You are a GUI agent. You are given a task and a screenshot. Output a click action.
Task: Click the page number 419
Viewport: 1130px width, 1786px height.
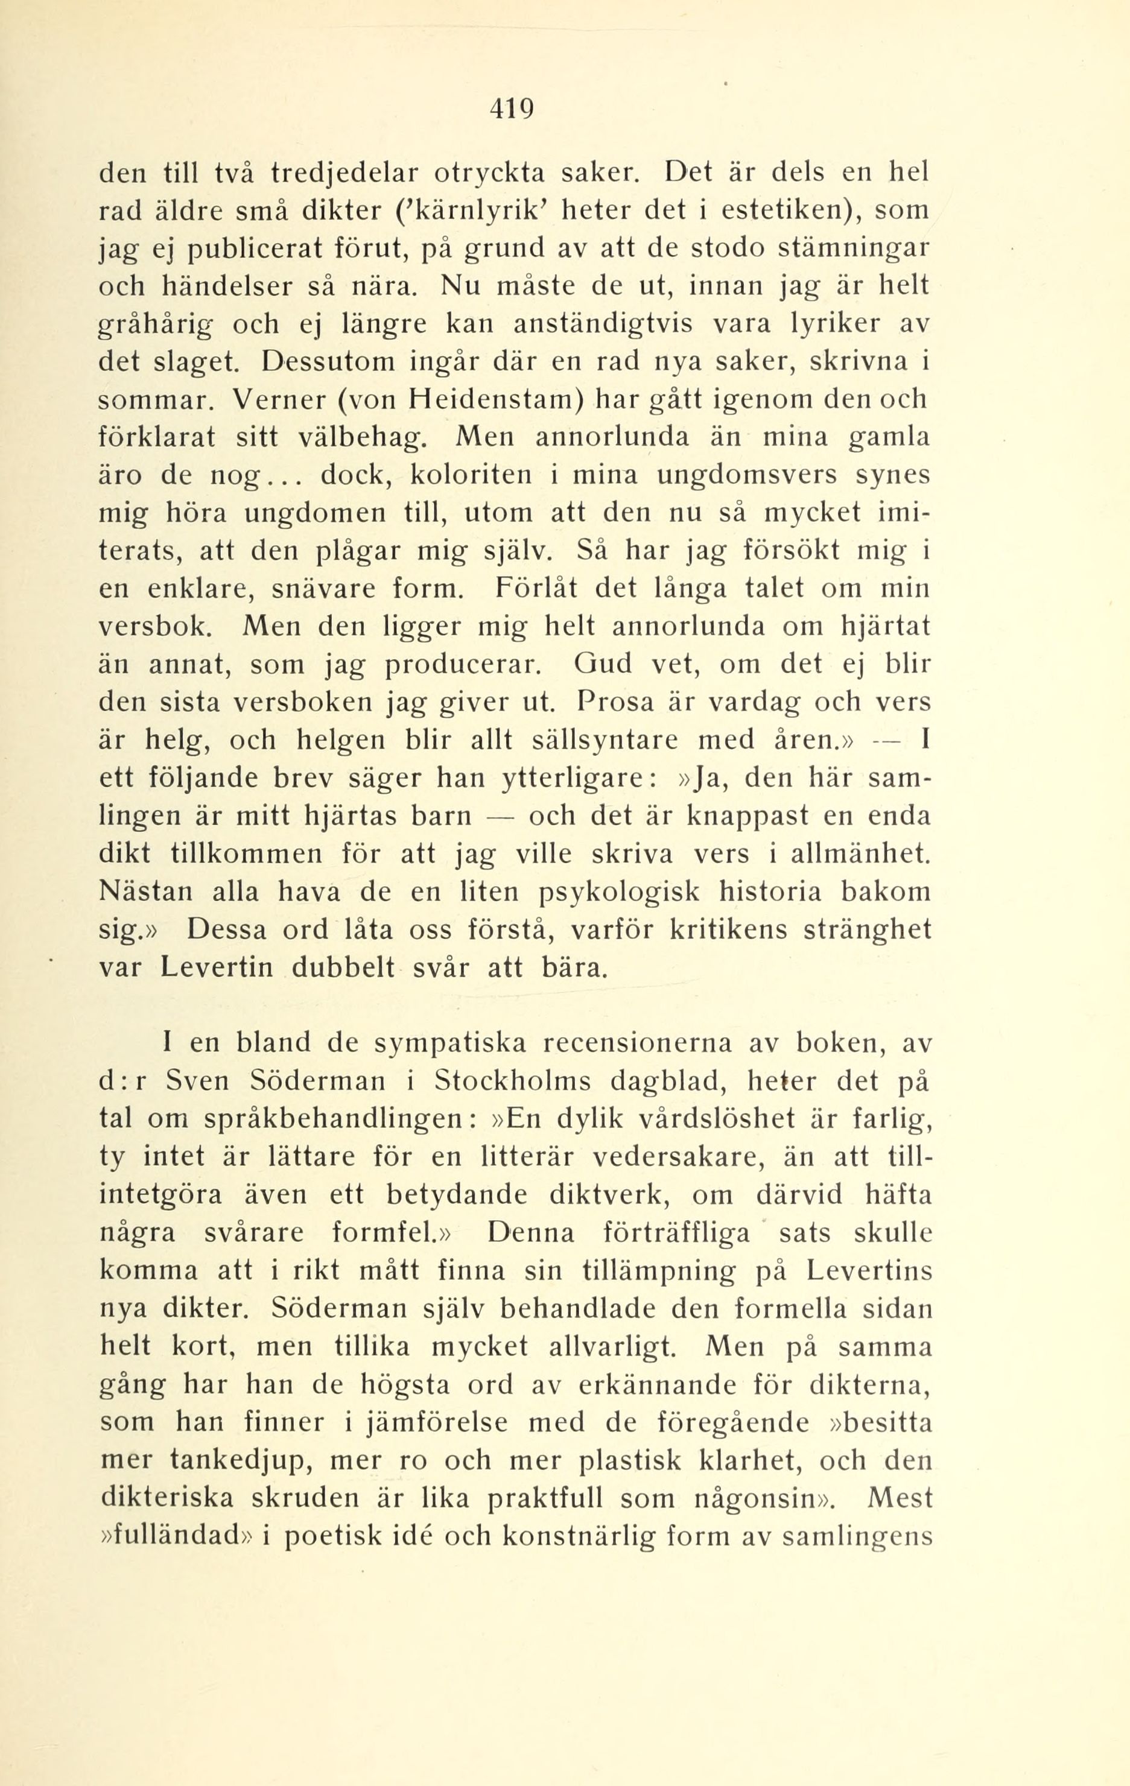pos(512,109)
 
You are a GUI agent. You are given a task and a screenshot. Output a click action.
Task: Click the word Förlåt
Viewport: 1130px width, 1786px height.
pos(532,589)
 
